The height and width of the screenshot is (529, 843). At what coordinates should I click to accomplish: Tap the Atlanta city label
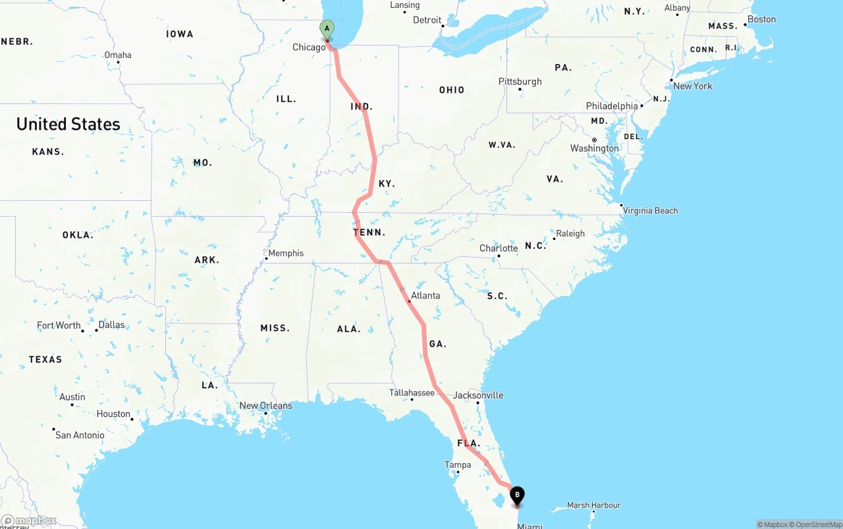[425, 295]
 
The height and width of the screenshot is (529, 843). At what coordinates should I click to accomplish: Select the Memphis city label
[286, 253]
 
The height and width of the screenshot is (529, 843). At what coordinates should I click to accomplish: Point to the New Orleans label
[265, 406]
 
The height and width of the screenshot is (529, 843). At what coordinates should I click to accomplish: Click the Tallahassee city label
[412, 393]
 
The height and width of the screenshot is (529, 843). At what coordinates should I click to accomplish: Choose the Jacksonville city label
[478, 395]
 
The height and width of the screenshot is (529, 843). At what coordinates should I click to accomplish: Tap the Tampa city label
[458, 464]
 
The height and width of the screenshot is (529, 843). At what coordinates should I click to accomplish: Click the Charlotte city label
[499, 248]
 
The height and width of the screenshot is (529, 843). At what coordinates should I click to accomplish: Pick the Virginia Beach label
[650, 211]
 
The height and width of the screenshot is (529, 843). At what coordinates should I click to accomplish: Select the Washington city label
[595, 148]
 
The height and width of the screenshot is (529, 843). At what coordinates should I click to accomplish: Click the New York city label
[693, 86]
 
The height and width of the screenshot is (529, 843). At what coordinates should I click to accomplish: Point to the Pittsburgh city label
[520, 82]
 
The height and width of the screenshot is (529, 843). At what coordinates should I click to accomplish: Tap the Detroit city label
[427, 20]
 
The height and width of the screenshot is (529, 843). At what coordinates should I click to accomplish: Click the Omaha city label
[118, 55]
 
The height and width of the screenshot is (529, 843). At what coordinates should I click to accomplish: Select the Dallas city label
[111, 325]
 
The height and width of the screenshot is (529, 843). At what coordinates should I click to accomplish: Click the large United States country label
[68, 124]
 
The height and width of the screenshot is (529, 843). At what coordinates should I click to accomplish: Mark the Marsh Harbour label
[593, 505]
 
